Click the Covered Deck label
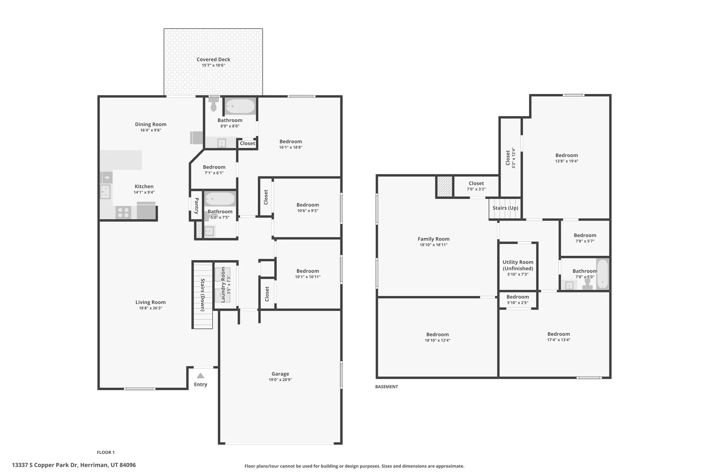click(213, 60)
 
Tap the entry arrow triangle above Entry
click(200, 376)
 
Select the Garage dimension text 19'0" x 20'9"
click(280, 380)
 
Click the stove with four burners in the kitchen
click(123, 212)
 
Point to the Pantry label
click(196, 206)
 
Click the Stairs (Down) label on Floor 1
click(203, 295)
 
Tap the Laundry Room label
click(223, 284)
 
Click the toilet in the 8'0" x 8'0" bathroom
click(214, 105)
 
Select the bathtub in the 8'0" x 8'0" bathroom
click(240, 106)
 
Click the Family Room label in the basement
click(433, 239)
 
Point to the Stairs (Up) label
click(505, 208)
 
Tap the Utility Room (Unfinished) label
click(518, 265)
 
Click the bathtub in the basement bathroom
click(602, 274)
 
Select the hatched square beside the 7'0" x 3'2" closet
click(444, 187)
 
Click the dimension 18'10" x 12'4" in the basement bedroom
click(438, 340)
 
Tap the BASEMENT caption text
click(386, 387)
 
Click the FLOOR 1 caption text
click(106, 452)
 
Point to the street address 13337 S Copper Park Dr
click(74, 465)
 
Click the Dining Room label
click(151, 124)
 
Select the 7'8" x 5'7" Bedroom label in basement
click(585, 236)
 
